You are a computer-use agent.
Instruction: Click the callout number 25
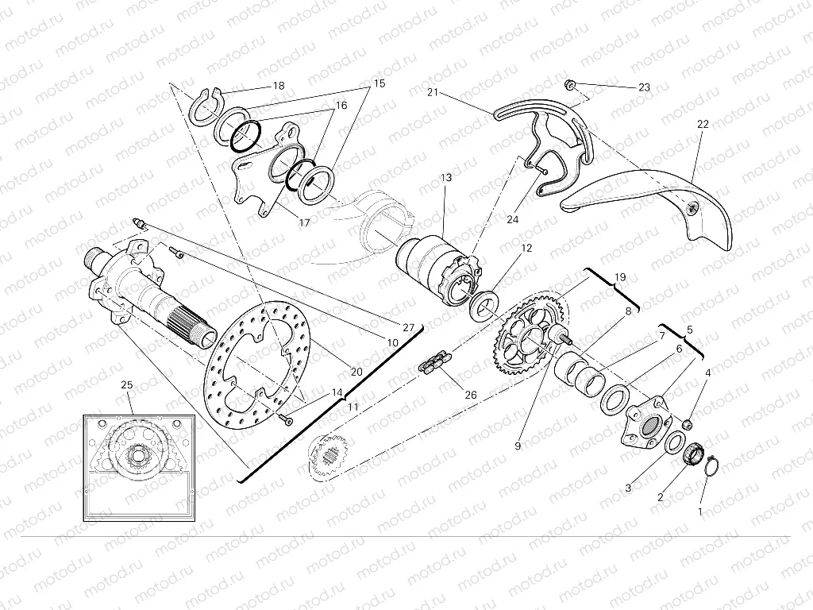click(126, 385)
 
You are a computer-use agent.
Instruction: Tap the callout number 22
click(702, 124)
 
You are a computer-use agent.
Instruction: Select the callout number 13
click(446, 178)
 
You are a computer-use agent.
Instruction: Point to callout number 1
click(699, 512)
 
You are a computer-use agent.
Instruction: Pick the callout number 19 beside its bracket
click(620, 277)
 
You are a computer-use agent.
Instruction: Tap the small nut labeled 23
click(570, 83)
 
